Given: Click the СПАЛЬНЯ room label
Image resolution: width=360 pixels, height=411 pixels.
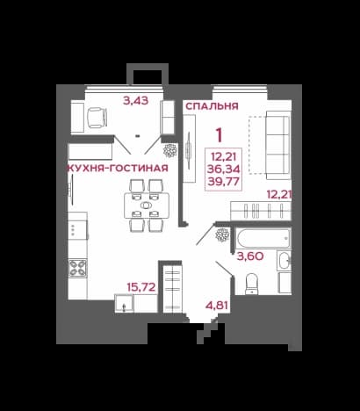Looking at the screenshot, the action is (212, 106).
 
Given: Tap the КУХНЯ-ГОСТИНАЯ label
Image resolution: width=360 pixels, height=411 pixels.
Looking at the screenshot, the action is (118, 169).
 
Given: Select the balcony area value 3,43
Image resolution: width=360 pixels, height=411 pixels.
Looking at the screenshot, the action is (136, 101).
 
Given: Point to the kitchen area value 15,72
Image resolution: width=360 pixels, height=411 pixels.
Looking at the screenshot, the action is (141, 287).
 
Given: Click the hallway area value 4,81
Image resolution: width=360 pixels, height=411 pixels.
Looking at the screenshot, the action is (217, 305).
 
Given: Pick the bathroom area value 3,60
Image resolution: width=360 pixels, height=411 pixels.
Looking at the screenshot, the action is (250, 256).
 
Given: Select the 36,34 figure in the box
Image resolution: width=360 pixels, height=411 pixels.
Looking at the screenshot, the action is (224, 169).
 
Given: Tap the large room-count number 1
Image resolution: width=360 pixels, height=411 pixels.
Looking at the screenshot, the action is (219, 135).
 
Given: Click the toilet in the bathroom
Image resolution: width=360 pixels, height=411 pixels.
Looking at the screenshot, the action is (251, 284).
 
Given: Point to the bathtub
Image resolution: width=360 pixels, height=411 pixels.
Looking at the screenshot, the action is (263, 239).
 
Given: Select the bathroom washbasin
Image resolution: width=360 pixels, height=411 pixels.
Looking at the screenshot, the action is (284, 260).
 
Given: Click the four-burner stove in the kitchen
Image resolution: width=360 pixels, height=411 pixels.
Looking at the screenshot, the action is (77, 268).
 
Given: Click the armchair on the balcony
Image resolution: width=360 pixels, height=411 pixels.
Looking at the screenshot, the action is (97, 118).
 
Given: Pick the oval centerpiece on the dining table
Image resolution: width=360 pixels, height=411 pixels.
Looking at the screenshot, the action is (146, 205).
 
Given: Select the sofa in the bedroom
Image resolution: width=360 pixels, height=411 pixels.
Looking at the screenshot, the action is (278, 146).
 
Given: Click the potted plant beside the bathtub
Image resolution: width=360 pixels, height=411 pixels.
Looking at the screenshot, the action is (222, 234).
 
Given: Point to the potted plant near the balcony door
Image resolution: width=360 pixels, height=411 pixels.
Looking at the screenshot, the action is (169, 150).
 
